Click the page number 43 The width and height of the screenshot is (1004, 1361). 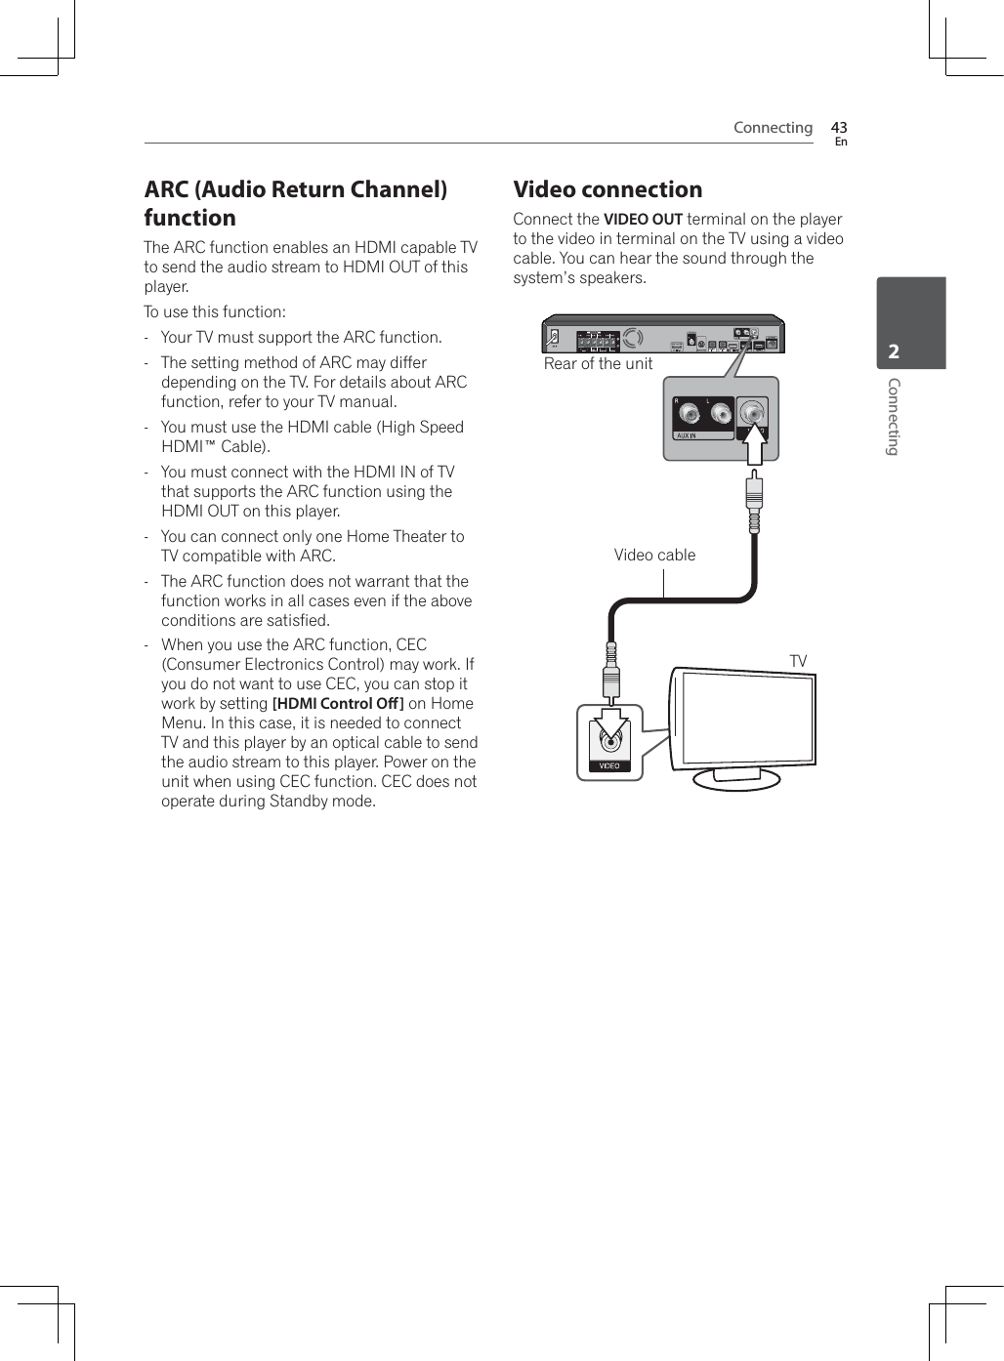838,127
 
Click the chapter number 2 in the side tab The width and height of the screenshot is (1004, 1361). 894,351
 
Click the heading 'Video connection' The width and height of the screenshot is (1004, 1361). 607,189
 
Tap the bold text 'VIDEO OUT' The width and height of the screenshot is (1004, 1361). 643,220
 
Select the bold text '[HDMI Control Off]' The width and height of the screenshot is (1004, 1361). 338,704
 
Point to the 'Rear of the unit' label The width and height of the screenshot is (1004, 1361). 598,364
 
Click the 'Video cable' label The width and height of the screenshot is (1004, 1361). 654,556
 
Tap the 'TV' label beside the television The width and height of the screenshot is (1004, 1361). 798,662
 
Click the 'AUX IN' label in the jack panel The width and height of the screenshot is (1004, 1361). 687,435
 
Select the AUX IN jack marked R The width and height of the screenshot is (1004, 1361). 690,415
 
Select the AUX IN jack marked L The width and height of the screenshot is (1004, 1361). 721,415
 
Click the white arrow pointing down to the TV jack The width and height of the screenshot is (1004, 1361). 610,725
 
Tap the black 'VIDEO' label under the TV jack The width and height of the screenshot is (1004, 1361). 609,765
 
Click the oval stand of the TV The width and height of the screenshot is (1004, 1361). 736,778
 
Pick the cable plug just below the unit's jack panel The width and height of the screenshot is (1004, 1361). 754,499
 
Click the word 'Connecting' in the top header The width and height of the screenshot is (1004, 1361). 773,128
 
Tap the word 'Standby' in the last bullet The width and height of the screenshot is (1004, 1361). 298,802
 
